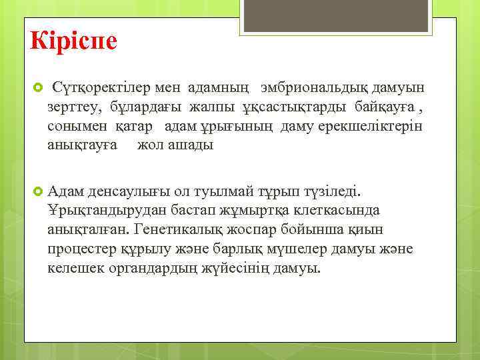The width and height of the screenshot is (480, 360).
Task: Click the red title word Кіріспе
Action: point(73,40)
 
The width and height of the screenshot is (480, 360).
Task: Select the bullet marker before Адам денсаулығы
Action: point(37,192)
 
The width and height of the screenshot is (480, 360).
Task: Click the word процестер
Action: point(81,249)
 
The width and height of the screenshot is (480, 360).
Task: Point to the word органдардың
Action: point(153,268)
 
